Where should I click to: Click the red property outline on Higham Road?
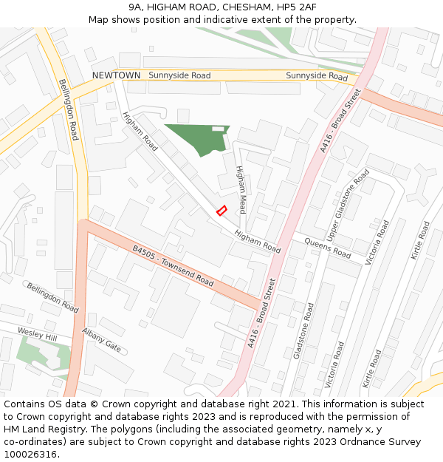coord(221,211)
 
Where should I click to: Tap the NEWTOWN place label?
coord(116,75)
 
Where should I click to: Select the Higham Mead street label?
coord(241,189)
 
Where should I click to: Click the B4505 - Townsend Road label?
coord(173,267)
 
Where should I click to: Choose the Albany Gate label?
coord(101,340)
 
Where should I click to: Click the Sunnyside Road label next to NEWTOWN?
coord(179,75)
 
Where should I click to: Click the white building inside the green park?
coord(218,129)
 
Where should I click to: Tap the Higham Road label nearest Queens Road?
coord(258,242)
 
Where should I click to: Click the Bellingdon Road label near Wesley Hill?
coord(52,297)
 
